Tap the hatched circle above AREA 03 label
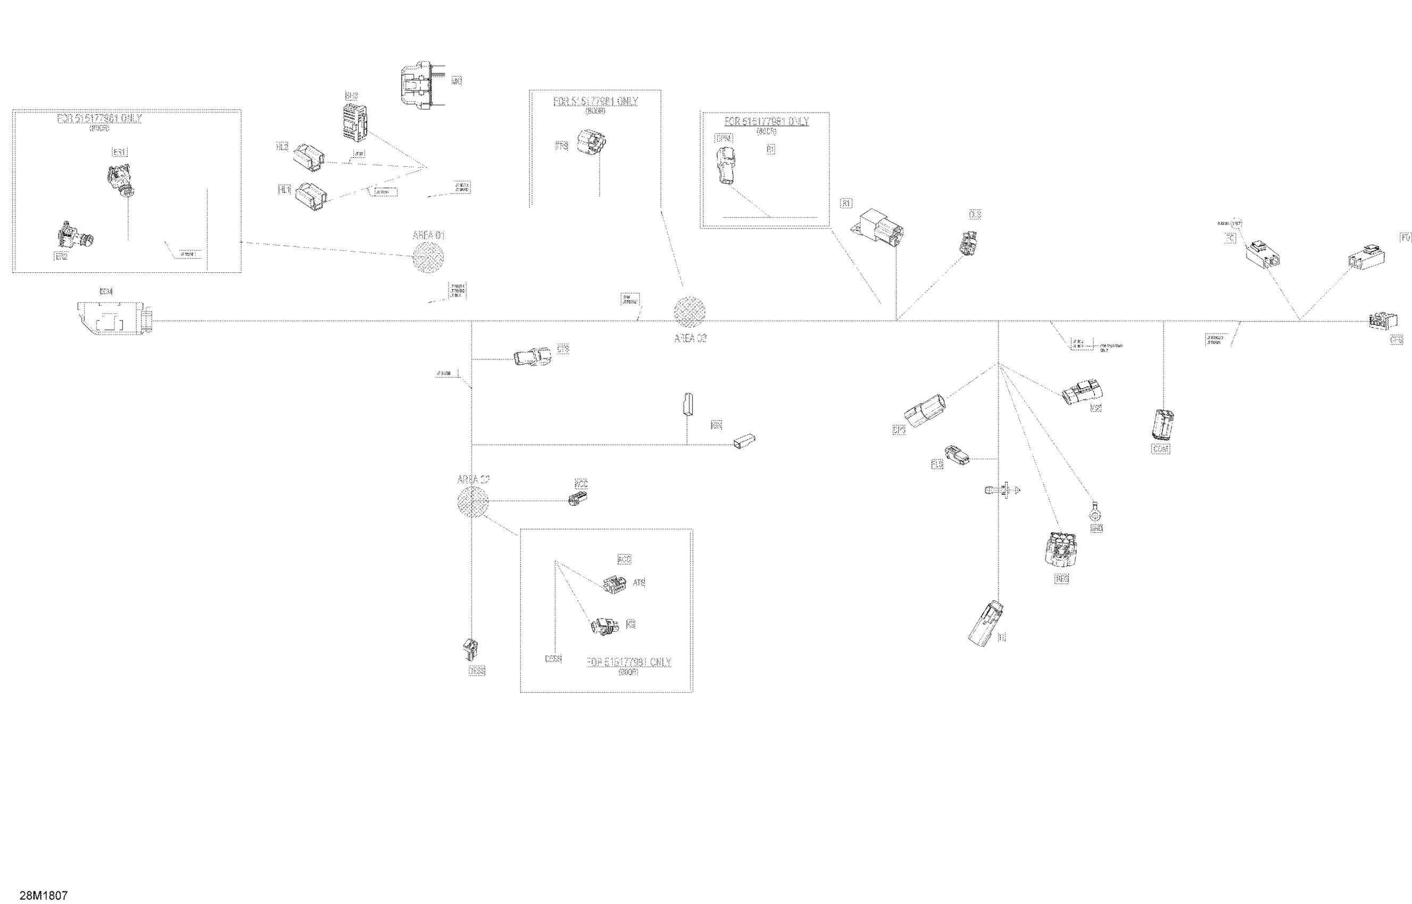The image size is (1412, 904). (690, 312)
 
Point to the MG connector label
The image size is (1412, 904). (456, 81)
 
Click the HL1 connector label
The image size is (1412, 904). (284, 190)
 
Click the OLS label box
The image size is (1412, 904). (975, 215)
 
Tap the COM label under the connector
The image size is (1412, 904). (1160, 449)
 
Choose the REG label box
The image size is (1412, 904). (1062, 579)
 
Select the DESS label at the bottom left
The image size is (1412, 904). (477, 671)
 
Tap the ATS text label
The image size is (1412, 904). (639, 583)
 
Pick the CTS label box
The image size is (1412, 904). (563, 349)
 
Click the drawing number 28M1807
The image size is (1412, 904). (44, 895)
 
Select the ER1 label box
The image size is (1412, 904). (120, 153)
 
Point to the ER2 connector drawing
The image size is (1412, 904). (75, 236)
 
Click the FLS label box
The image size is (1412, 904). (937, 464)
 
